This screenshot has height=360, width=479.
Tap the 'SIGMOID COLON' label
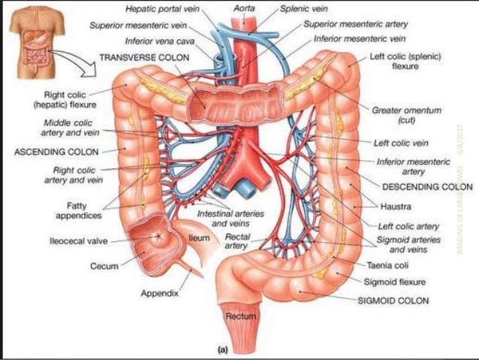coord(393,300)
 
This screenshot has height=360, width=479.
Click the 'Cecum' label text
coord(106,265)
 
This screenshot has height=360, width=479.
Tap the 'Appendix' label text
coord(159,293)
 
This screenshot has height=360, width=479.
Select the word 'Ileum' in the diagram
coord(199,238)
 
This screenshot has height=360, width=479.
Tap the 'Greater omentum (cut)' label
coord(407,115)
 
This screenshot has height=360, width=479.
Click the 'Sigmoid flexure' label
coord(394,282)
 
